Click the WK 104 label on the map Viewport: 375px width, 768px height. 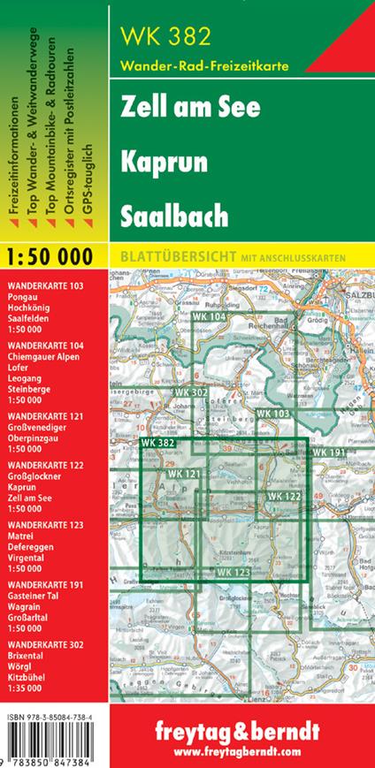[x=206, y=317]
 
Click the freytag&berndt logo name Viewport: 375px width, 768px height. [x=237, y=726]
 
